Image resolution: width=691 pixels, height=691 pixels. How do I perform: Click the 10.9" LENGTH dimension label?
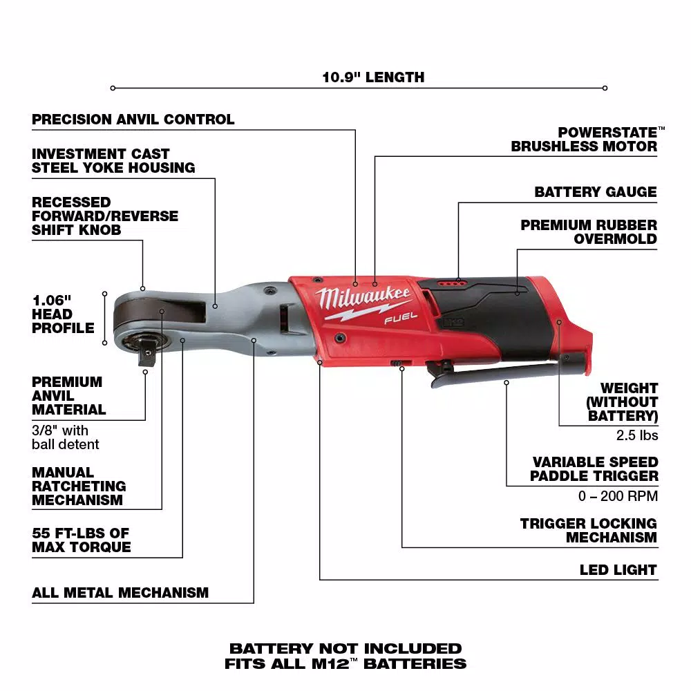point(373,77)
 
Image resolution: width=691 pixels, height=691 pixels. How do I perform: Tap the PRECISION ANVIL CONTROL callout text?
point(133,120)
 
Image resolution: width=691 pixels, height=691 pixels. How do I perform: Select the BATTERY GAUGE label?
point(595,192)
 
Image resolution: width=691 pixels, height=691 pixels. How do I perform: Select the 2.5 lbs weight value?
point(637,435)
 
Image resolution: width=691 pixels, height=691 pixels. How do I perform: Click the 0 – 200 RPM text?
point(618,496)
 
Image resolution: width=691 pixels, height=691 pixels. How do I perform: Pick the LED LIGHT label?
point(618,570)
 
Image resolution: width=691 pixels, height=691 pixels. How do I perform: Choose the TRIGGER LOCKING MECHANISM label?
point(589,530)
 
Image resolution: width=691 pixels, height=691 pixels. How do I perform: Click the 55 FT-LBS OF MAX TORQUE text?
point(81,540)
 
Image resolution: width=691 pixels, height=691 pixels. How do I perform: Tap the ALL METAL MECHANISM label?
point(120,593)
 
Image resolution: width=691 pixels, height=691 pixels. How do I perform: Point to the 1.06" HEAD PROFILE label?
point(63,314)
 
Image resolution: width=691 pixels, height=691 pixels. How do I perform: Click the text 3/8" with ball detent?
point(65,437)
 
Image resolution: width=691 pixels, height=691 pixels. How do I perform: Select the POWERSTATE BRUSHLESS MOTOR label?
point(584,139)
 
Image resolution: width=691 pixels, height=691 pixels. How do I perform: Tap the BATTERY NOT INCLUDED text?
point(345,648)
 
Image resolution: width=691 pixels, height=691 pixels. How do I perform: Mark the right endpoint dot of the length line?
point(605,88)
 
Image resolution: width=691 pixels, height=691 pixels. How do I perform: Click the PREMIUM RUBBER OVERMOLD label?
point(589,232)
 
